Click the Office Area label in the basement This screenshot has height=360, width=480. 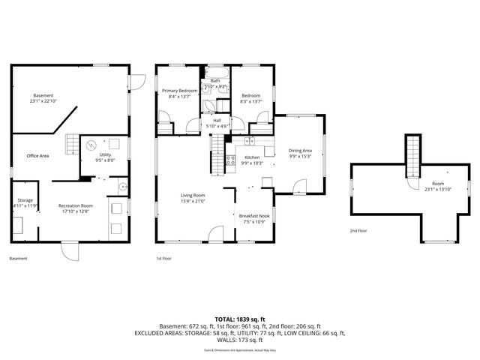pyautogui.click(x=37, y=156)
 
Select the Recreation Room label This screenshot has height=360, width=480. pyautogui.click(x=76, y=207)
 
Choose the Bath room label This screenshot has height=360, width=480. pyautogui.click(x=215, y=81)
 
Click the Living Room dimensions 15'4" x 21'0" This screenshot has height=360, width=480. pyautogui.click(x=193, y=201)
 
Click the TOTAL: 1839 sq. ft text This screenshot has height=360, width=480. pyautogui.click(x=239, y=319)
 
